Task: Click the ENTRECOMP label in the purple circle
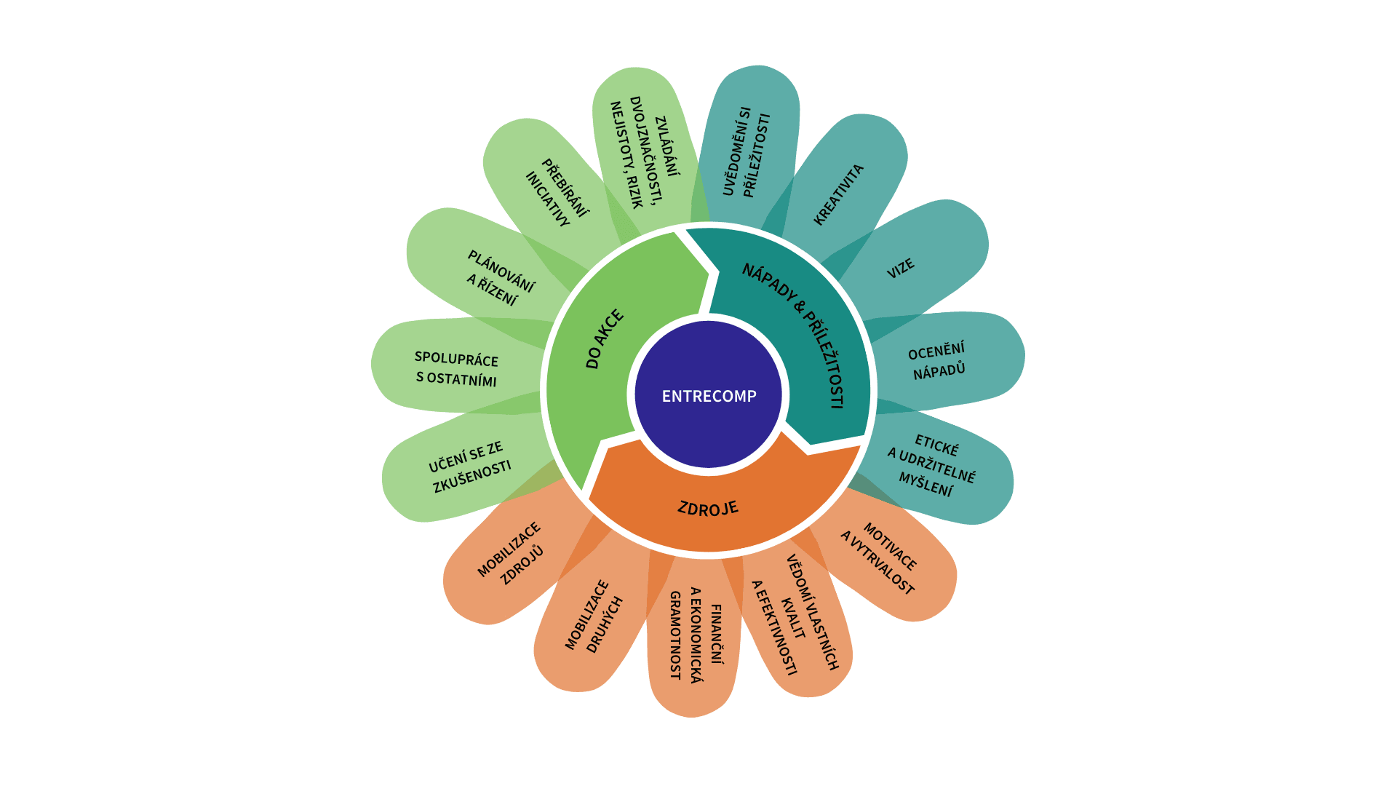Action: coord(709,396)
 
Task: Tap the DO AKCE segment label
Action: coord(605,339)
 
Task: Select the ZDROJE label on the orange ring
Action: coord(708,508)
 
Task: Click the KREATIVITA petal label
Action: coord(838,194)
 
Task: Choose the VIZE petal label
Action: coord(900,269)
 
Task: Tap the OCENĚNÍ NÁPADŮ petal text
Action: coord(938,360)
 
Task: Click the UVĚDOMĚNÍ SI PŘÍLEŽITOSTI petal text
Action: coord(746,152)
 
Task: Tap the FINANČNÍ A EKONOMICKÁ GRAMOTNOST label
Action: coord(696,634)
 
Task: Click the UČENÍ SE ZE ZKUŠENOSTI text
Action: coord(469,467)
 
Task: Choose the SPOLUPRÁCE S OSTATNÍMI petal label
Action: coord(456,369)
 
